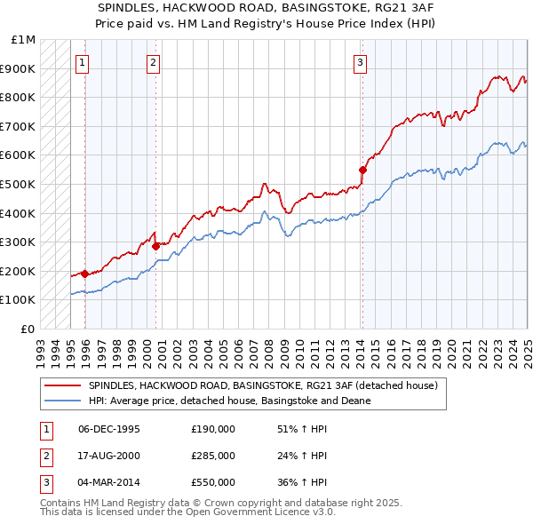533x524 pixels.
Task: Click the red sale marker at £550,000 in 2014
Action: (x=362, y=170)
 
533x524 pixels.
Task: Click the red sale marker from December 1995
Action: (x=84, y=274)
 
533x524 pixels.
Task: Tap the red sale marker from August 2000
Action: (x=155, y=246)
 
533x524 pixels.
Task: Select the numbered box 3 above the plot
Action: (x=361, y=62)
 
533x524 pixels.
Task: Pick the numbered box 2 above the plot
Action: (x=154, y=62)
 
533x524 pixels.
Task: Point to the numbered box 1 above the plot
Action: (x=82, y=62)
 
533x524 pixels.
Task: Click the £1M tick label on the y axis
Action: (x=24, y=40)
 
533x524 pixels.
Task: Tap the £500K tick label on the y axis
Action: (x=19, y=184)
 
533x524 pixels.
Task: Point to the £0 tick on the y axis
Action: (x=29, y=329)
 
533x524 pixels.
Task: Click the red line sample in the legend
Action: (x=63, y=386)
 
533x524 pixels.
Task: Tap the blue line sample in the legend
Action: (x=63, y=401)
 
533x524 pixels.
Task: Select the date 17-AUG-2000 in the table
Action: (x=109, y=456)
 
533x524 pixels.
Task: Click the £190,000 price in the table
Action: (x=212, y=429)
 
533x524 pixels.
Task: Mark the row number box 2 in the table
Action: (x=45, y=456)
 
